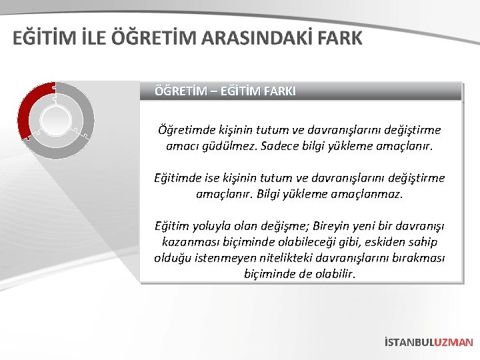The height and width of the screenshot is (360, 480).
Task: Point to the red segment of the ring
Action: pos(31,107)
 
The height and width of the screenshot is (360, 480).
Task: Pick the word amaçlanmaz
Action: pos(370,195)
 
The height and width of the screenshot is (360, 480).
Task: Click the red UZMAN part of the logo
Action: pos(453,342)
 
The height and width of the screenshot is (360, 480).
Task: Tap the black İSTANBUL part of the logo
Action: pos(408,342)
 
